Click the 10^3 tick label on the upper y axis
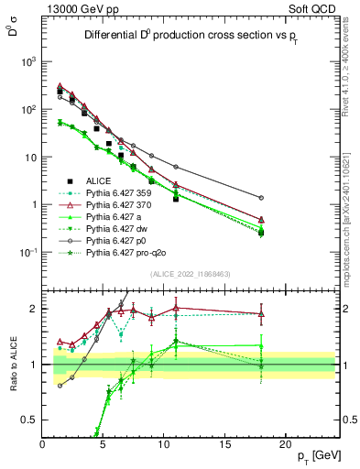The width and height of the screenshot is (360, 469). tap(28, 61)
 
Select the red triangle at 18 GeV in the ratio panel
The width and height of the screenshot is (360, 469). tap(262, 314)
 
